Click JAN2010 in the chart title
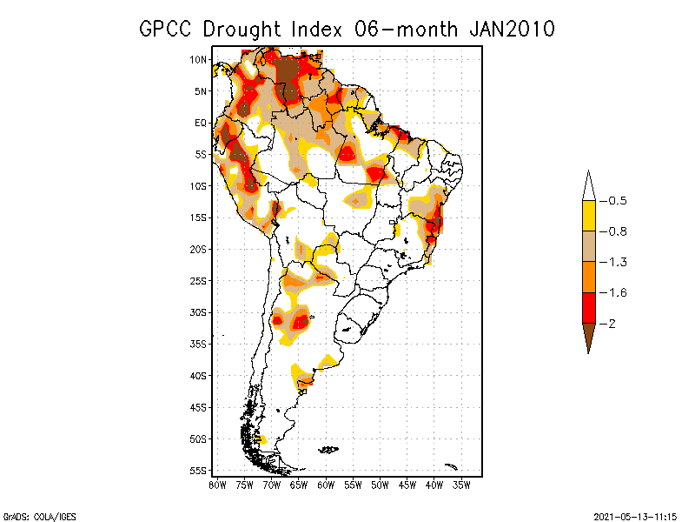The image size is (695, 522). tap(511, 29)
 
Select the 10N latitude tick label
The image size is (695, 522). tap(199, 59)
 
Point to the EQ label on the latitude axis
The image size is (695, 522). tap(201, 123)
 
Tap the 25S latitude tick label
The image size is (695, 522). tap(199, 281)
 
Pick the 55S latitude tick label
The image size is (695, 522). tap(199, 471)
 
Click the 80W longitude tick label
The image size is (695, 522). tap(217, 485)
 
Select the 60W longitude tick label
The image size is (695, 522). tap(326, 485)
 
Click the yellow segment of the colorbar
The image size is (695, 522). tap(588, 216)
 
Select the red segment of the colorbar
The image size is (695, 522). tap(588, 307)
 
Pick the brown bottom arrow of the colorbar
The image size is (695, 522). tap(588, 335)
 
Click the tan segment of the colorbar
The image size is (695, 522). tap(588, 246)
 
